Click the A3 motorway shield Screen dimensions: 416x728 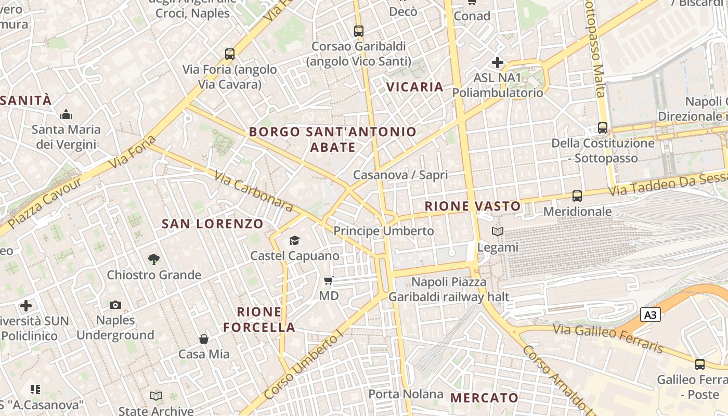tap(650, 315)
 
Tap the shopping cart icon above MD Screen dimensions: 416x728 tap(328, 281)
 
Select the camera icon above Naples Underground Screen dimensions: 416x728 tap(115, 305)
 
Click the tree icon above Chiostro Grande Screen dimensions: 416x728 tap(153, 259)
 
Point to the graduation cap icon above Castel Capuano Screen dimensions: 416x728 tap(295, 240)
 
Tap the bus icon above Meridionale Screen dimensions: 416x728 tap(577, 196)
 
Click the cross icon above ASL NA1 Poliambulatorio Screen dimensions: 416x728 tap(498, 63)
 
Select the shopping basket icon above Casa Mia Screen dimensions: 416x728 tap(204, 339)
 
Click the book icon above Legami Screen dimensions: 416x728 tap(498, 232)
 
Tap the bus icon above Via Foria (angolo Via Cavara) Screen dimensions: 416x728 tap(230, 54)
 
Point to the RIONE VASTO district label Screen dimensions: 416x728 tap(472, 206)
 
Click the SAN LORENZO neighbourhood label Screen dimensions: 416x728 tap(213, 224)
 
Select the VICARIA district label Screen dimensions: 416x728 tap(415, 87)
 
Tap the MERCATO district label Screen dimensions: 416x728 tap(484, 398)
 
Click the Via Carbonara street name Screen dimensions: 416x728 tap(253, 190)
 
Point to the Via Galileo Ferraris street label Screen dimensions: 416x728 tap(608, 338)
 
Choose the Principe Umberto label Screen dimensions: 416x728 tap(384, 230)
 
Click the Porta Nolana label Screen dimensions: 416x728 tap(406, 394)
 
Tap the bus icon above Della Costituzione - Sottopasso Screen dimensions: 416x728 tap(603, 127)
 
